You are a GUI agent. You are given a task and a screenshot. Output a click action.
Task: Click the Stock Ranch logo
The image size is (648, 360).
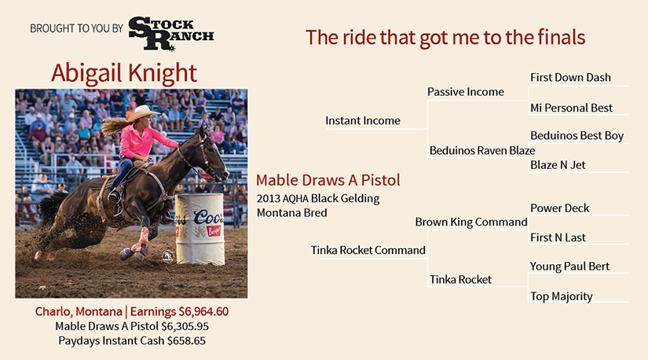point(171,34)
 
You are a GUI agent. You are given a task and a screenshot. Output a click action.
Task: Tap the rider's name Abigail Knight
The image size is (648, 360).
point(124,73)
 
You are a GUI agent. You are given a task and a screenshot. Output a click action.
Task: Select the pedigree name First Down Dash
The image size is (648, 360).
point(570,77)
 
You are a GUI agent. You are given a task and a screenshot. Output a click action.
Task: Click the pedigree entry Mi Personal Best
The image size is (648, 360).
point(571,108)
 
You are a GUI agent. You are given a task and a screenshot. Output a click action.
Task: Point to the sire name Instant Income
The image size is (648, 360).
point(363,120)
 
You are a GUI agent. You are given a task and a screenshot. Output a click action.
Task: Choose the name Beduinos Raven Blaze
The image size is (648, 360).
point(482,150)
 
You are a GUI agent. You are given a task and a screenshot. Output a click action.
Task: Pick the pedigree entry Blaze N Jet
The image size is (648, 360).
point(558,165)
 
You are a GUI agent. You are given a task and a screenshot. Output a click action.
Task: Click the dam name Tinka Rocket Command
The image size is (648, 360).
point(368,250)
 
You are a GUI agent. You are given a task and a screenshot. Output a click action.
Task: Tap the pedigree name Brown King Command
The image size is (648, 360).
point(471,222)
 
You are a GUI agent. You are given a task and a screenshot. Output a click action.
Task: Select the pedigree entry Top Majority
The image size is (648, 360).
point(562,296)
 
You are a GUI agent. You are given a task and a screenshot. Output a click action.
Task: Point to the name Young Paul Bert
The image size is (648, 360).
point(570,266)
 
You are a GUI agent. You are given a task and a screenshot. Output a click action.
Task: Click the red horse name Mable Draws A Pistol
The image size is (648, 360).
point(328,180)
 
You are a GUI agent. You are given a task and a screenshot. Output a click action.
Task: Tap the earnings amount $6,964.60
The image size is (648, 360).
point(203,311)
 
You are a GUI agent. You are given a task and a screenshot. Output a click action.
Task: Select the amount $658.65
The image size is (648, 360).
point(186,340)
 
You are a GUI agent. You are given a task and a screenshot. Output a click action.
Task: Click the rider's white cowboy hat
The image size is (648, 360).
point(143,113)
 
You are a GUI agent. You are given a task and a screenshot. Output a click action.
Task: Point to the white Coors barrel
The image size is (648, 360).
point(200,229)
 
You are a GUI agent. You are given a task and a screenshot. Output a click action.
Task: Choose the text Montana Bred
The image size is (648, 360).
point(291,213)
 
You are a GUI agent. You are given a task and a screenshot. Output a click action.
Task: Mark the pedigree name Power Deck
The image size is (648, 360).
point(559,208)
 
